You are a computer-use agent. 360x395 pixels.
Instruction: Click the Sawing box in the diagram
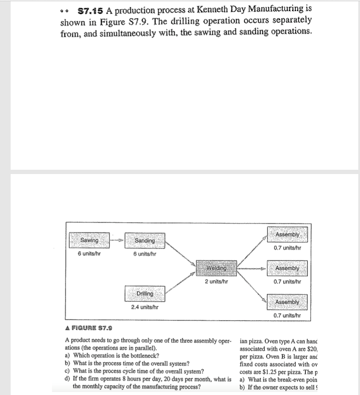click(x=89, y=240)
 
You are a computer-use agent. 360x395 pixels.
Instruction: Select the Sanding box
click(x=145, y=241)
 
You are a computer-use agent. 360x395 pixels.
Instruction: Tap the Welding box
click(x=216, y=268)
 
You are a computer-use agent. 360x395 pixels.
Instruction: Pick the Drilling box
click(x=145, y=294)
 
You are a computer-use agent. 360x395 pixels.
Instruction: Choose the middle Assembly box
click(x=288, y=268)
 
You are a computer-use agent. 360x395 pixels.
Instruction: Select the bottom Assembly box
click(x=287, y=302)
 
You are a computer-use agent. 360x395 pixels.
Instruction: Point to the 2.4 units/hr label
click(x=145, y=307)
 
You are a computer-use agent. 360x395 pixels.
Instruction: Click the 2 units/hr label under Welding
click(x=216, y=282)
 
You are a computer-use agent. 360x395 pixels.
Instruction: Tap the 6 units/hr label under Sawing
click(x=89, y=254)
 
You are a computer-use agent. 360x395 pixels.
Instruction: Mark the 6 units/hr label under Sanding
click(x=145, y=254)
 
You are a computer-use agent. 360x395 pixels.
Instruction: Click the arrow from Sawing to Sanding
click(x=117, y=241)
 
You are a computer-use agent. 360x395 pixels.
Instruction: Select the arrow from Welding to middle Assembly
click(x=252, y=269)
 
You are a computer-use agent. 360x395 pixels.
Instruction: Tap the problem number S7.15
click(x=89, y=9)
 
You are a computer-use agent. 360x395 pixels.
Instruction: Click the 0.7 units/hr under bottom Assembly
click(x=287, y=315)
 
